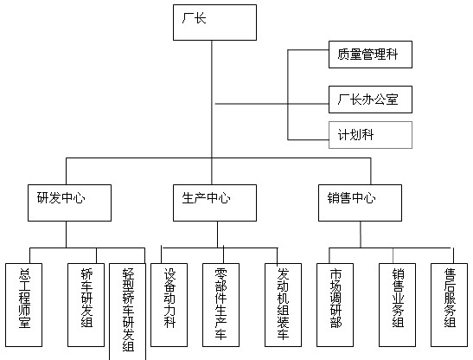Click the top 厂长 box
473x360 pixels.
point(214,22)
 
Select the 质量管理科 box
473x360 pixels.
point(370,55)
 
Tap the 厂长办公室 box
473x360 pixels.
point(370,100)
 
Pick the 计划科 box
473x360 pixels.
point(370,135)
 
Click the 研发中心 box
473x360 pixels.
point(69,203)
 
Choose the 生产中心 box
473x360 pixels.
point(214,203)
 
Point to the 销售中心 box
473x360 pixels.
point(361,203)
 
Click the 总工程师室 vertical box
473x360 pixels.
point(24,305)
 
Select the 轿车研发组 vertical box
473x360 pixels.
point(86,305)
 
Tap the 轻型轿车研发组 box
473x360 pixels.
point(127,312)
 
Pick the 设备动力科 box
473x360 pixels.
point(169,305)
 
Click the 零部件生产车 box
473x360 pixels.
point(221,305)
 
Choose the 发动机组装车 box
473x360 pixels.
point(283,305)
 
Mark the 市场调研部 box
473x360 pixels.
point(335,305)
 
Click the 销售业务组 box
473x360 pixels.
point(397,305)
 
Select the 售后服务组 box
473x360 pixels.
point(449,305)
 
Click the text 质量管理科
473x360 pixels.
point(368,55)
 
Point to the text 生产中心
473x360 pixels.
point(206,198)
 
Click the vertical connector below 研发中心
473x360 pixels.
point(67,235)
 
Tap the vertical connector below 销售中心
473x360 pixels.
point(361,235)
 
